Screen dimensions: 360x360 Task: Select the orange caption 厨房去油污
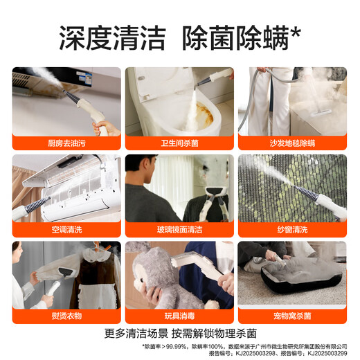[66, 143]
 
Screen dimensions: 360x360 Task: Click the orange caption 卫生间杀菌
[179, 143]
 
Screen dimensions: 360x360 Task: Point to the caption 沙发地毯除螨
[292, 143]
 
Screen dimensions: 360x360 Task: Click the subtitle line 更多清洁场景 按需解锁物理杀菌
[179, 332]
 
